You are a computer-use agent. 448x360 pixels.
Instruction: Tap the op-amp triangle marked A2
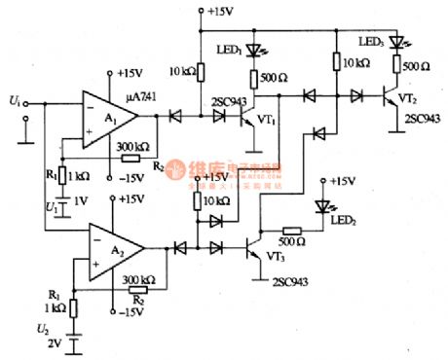[113, 248]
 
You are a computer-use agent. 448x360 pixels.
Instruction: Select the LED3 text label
[370, 42]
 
